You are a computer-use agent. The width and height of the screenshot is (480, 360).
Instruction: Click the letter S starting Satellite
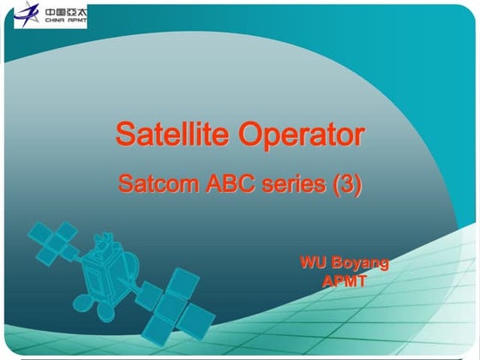tap(124, 135)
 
